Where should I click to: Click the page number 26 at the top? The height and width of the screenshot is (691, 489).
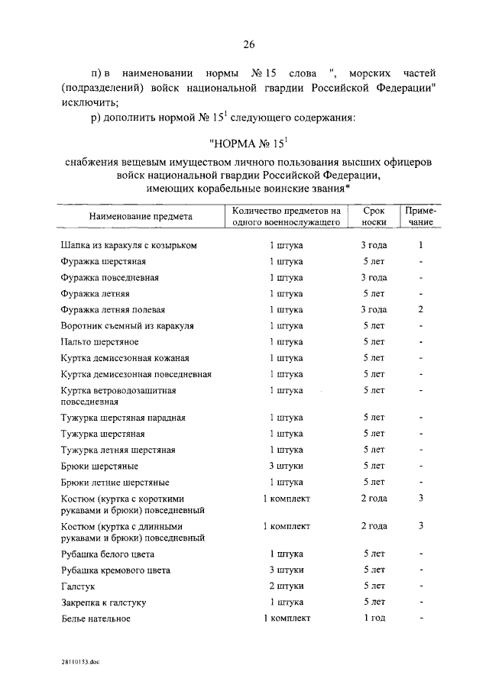coord(248,44)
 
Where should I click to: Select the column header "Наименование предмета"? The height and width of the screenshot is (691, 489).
coord(141,217)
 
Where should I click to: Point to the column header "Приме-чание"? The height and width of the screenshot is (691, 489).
coord(420,216)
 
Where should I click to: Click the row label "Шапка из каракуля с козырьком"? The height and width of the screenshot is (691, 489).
coord(129,246)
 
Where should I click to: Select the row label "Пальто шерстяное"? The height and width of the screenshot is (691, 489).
coord(99,342)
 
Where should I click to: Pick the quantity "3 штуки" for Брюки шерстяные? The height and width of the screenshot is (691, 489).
coord(287,466)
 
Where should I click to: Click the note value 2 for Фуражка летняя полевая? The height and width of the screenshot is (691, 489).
coord(420,310)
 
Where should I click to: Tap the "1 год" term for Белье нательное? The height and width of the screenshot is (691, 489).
coord(374,618)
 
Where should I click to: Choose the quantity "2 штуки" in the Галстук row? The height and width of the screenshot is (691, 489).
coord(287,586)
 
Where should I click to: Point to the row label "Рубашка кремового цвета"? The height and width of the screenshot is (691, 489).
coord(115,570)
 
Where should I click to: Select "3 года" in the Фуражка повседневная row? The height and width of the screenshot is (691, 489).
coord(374,278)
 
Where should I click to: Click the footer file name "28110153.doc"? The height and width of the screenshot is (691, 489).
coord(82,664)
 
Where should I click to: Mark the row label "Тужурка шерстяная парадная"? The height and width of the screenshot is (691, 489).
coord(122,418)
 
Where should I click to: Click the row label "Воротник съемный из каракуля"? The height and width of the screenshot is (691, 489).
coord(127,326)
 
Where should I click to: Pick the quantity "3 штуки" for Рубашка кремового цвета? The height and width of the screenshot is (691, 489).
coord(287,570)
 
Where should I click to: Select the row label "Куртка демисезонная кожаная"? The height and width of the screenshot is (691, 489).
coord(125,358)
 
